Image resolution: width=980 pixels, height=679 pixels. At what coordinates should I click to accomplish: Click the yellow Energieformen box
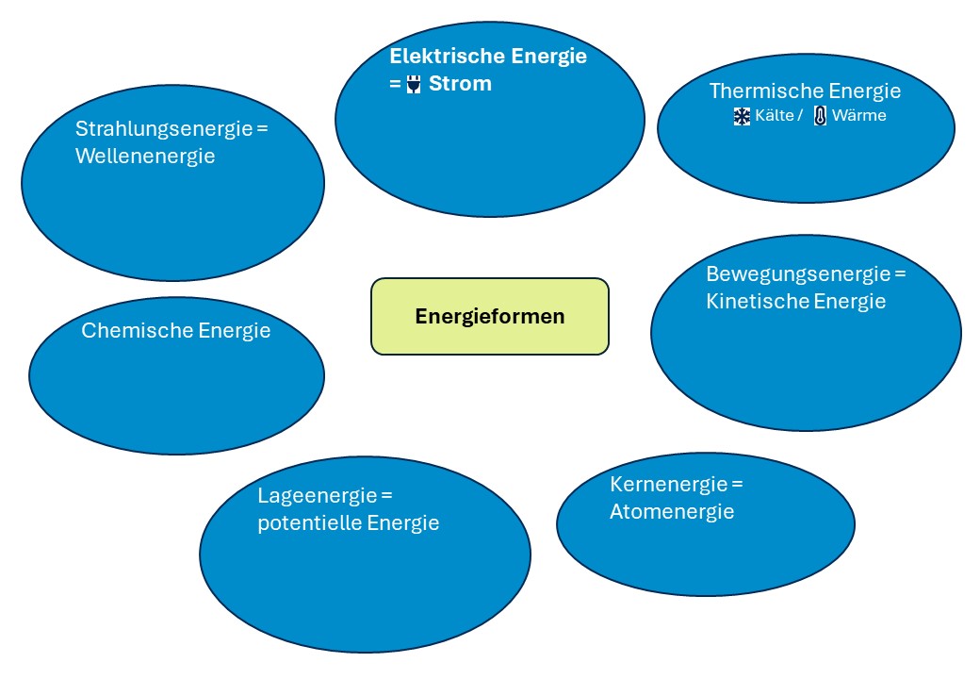(x=490, y=316)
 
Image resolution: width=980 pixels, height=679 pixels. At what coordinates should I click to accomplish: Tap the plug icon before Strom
(x=413, y=85)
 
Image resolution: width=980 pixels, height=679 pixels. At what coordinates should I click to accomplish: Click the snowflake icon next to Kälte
(x=742, y=116)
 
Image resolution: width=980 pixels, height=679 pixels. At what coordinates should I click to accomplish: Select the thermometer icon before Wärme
(x=820, y=116)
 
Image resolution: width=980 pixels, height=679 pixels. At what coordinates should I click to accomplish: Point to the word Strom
(x=460, y=83)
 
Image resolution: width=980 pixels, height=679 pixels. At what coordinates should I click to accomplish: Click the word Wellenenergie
(x=145, y=156)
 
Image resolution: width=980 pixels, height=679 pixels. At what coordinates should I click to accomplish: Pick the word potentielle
(x=309, y=522)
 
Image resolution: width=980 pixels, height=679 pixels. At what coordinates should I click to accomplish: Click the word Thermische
(x=766, y=91)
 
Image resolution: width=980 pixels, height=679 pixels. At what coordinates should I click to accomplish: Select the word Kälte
(x=774, y=116)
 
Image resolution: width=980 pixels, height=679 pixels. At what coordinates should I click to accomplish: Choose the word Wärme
(x=859, y=116)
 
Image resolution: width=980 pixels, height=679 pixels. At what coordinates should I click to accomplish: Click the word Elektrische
(x=447, y=56)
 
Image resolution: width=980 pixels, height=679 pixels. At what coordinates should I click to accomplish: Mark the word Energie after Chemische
(x=234, y=330)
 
